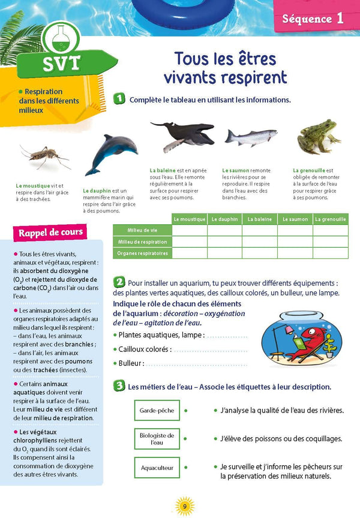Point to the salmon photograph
coord(251,137)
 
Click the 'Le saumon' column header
coord(295,219)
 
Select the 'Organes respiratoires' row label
coord(142,254)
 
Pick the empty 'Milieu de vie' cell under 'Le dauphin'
coord(224,231)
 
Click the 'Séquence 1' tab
coord(313,18)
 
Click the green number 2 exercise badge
coord(119,282)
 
